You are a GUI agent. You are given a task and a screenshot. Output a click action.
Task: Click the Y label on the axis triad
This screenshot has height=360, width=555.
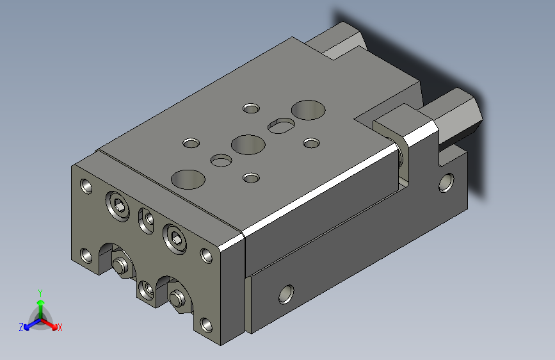tap(40, 293)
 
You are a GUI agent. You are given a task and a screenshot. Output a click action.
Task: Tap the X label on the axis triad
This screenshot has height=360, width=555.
tap(60, 327)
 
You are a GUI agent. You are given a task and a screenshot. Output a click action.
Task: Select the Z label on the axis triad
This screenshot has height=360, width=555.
tap(21, 327)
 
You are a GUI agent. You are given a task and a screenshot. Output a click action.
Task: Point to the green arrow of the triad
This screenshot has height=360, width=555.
tap(41, 309)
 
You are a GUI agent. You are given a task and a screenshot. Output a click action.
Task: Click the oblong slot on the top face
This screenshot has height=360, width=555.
tap(282, 126)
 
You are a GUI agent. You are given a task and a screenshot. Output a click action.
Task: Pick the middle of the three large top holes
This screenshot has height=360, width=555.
tap(248, 145)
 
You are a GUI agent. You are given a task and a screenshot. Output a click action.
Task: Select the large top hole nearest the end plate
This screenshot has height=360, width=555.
tap(188, 179)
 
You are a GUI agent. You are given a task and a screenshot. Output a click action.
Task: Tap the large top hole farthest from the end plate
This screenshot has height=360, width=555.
tap(309, 110)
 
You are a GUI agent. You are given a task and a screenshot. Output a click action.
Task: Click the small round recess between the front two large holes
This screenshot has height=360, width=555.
tap(221, 160)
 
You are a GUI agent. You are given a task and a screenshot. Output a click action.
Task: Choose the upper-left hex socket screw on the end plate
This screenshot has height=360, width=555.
tap(118, 206)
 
